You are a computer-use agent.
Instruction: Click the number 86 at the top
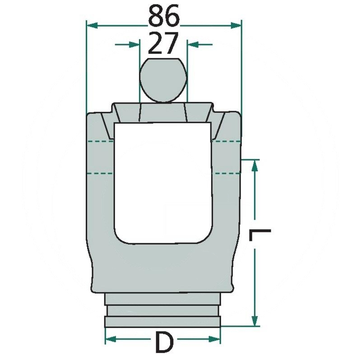click(163, 17)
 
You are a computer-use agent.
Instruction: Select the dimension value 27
click(163, 44)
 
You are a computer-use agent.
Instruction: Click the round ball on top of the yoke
click(162, 80)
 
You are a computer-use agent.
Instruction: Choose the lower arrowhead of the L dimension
click(255, 320)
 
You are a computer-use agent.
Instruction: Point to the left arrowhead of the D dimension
click(111, 338)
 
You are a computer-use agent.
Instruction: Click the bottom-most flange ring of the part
click(163, 321)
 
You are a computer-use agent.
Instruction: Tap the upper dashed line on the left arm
click(99, 142)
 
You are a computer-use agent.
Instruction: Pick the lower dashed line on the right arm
click(227, 173)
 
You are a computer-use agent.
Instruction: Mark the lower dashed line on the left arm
click(99, 173)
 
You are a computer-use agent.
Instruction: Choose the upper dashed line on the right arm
click(227, 142)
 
